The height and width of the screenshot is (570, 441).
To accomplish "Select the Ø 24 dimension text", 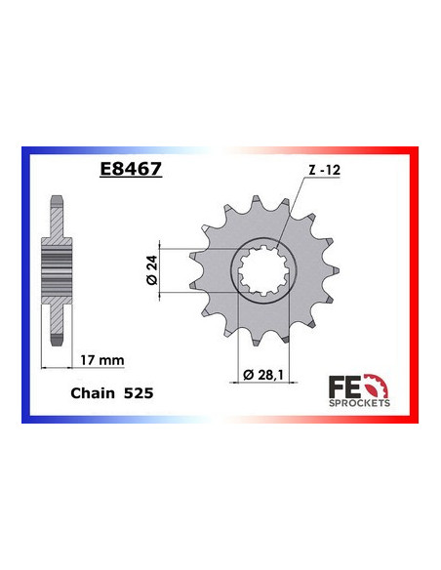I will [137, 270].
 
